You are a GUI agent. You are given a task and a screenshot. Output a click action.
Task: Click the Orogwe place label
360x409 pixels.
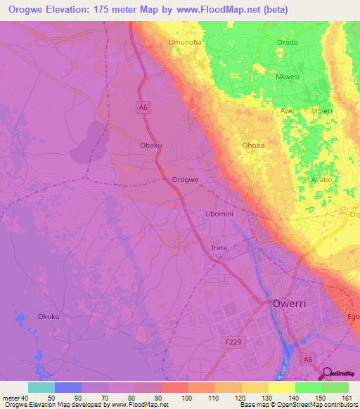tap(186, 180)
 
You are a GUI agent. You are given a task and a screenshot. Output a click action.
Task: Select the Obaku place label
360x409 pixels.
tap(151, 145)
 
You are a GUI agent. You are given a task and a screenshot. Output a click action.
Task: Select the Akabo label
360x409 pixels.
tap(322, 180)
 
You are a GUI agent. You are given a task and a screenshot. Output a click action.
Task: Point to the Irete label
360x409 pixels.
tap(220, 249)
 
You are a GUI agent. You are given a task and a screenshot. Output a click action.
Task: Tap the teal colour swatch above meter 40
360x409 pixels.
tap(41, 387)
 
